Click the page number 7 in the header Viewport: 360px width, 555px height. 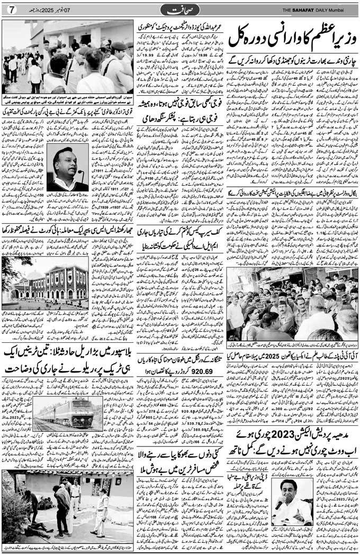tap(13, 10)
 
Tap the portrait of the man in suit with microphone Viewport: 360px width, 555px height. tap(68, 167)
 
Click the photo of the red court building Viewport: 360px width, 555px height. tap(45, 284)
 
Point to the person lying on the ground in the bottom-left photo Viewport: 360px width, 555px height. tap(40, 529)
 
